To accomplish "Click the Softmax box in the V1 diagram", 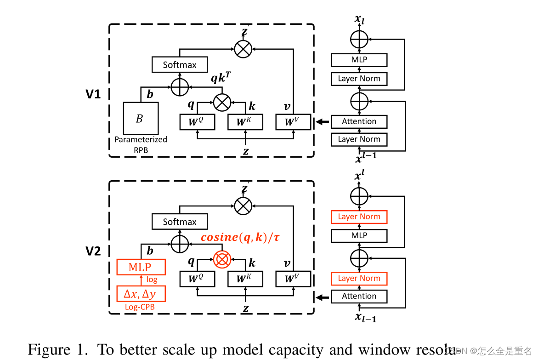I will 179,65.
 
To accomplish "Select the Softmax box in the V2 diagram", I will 179,222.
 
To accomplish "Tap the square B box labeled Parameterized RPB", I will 141,119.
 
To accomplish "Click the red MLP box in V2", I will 141,267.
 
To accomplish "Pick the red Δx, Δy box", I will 141,293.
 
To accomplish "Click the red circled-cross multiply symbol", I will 222,260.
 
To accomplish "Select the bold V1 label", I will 93,94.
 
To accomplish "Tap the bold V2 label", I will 93,251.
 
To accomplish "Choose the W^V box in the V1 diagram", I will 293,122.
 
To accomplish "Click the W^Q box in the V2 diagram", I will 197,279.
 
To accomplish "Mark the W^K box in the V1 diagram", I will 246,122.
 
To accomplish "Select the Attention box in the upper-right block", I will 359,121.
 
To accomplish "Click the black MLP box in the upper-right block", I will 359,60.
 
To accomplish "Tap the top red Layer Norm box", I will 359,217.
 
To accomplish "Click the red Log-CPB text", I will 140,307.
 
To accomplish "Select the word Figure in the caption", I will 50,349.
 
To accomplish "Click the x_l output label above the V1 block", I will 359,19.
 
